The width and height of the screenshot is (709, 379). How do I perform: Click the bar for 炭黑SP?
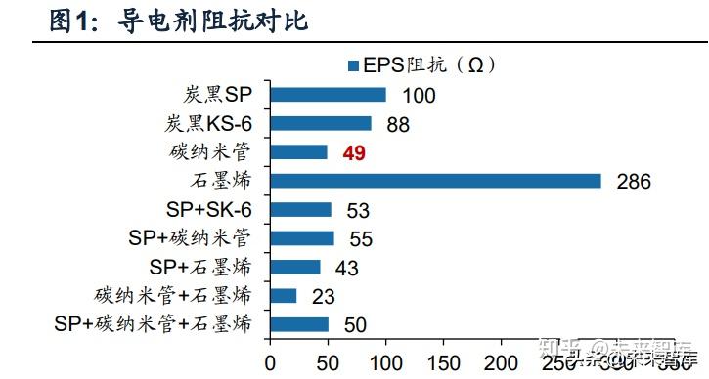328,95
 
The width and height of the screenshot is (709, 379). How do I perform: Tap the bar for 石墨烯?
435,181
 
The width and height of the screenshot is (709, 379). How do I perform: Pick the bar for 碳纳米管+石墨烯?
283,295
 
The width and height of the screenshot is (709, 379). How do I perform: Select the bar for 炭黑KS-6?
321,123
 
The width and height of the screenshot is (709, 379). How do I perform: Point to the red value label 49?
353,152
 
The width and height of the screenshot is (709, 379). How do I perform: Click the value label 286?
634,182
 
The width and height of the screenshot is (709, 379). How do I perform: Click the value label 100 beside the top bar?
418,96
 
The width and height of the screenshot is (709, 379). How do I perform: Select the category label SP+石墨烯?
200,267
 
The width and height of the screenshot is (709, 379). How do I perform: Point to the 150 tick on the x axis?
444,361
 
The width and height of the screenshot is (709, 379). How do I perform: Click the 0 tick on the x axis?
271,361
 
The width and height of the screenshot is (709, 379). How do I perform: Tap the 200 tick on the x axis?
502,361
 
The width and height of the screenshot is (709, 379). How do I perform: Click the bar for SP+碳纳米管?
302,238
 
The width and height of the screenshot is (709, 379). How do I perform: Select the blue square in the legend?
354,65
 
